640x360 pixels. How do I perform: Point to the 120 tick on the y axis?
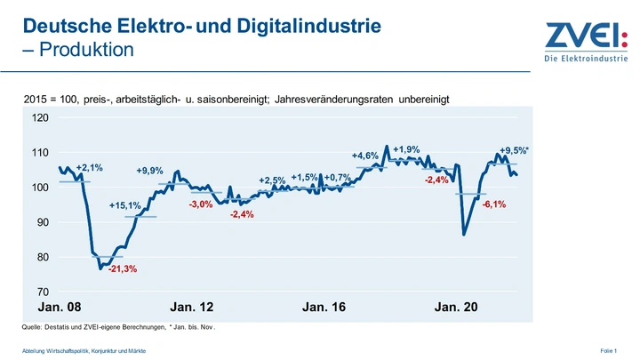41,117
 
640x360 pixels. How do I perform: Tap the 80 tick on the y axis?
41,257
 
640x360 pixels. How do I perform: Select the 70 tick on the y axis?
41,292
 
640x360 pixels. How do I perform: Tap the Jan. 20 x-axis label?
456,308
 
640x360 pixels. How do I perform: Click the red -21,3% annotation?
122,268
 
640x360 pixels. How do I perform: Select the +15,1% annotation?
125,206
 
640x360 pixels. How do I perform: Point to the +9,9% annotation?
149,171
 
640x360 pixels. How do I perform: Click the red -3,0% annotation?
201,204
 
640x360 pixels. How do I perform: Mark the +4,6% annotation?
365,156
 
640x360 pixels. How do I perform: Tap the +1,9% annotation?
406,148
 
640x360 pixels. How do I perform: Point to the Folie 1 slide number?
609,352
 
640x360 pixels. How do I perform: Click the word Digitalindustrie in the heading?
299,27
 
